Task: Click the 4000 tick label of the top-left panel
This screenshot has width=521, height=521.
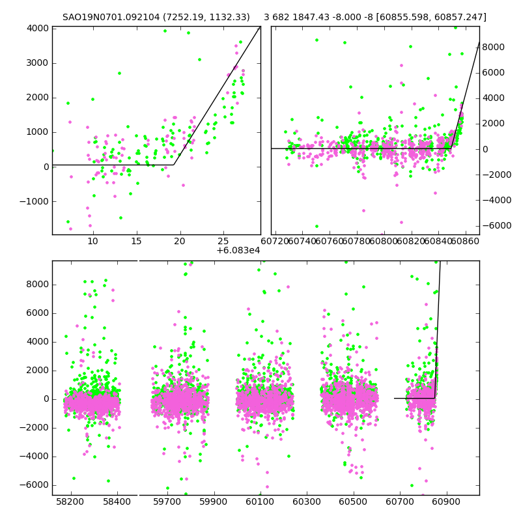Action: pyautogui.click(x=36, y=28)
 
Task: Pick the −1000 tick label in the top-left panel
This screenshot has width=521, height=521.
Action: pyautogui.click(x=34, y=201)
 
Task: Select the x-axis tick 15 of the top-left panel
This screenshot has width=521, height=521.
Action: pyautogui.click(x=136, y=242)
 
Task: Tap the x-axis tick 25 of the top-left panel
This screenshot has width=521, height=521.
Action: pyautogui.click(x=223, y=242)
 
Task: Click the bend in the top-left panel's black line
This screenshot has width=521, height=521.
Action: pyautogui.click(x=174, y=164)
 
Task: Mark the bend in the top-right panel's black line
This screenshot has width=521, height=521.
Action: pyautogui.click(x=451, y=148)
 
